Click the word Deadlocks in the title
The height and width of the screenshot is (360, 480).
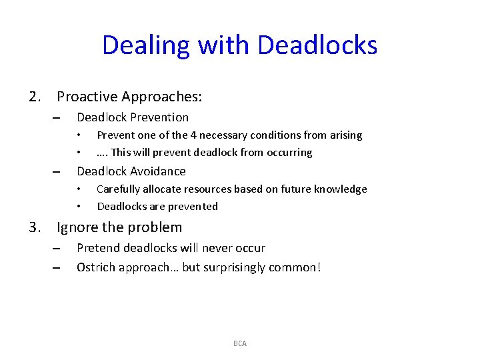[x=317, y=45]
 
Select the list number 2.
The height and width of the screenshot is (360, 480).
[x=36, y=97]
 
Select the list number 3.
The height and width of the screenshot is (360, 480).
[x=36, y=228]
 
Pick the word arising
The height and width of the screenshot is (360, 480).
[x=344, y=135]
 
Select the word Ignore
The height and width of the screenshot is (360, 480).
[x=77, y=228]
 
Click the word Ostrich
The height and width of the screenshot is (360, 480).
[x=97, y=268]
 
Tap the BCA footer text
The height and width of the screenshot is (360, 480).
[x=240, y=343]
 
